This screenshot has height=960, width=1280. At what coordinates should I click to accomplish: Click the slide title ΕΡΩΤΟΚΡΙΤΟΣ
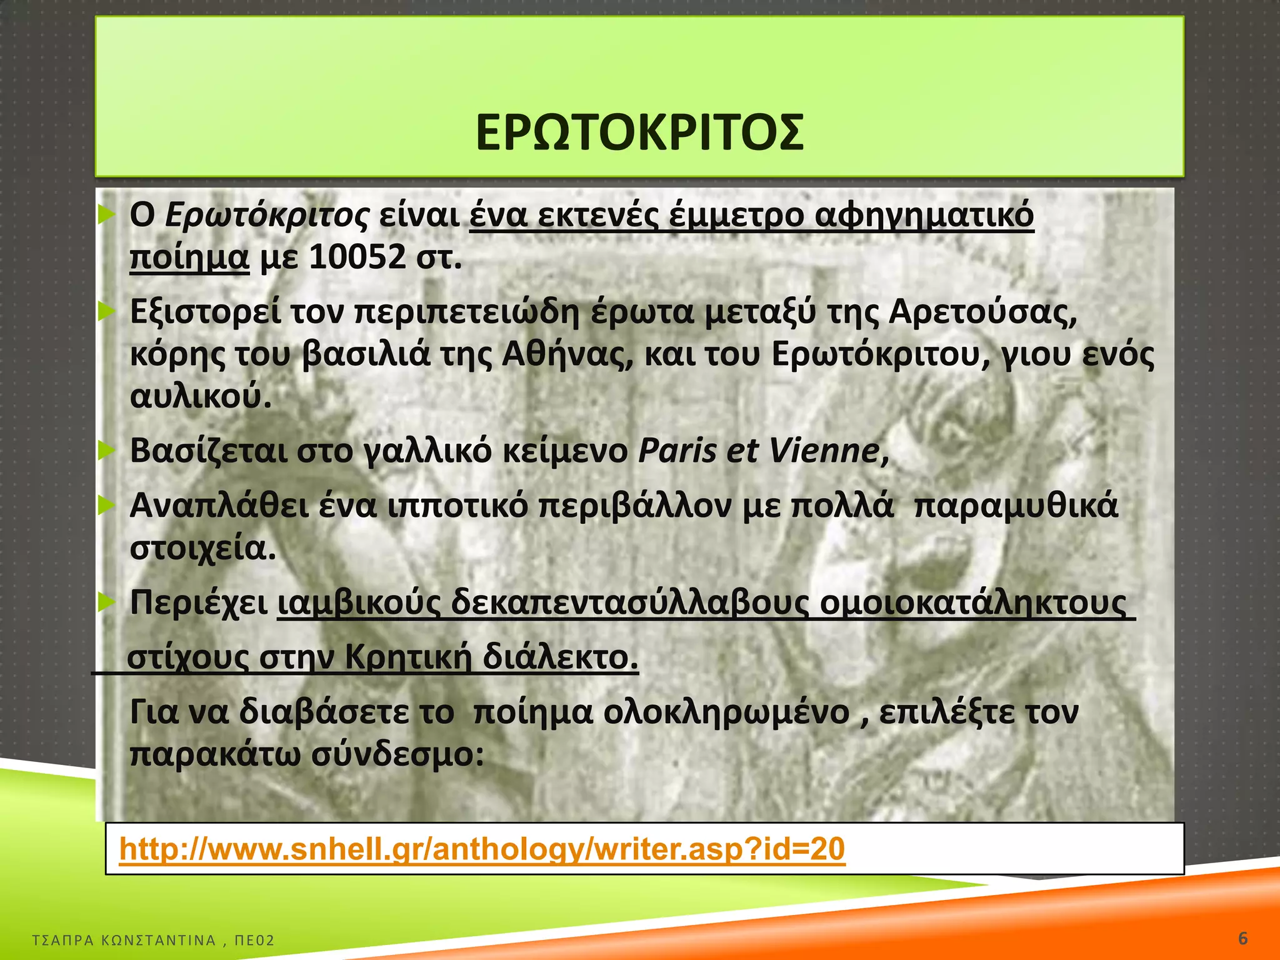pos(639,132)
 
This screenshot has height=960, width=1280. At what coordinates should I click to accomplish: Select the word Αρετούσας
pos(982,312)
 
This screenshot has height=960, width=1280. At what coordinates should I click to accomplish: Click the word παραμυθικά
pos(1015,506)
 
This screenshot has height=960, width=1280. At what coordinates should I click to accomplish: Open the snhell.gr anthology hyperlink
pos(482,849)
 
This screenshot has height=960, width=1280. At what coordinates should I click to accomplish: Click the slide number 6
pos(1243,939)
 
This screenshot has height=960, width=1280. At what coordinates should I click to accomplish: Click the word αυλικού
pos(201,396)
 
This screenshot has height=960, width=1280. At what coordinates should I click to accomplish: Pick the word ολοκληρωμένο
pos(726,712)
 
